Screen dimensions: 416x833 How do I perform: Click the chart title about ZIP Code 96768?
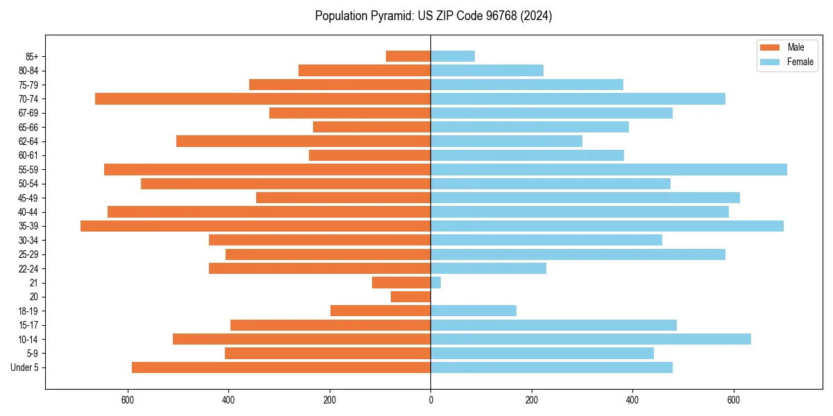point(433,16)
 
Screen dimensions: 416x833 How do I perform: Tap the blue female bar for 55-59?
point(609,169)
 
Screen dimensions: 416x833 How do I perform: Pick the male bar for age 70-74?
point(263,98)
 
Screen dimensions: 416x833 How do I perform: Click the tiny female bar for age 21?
point(436,282)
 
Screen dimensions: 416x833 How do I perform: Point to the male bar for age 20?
point(411,297)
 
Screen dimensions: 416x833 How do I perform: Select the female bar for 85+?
point(453,56)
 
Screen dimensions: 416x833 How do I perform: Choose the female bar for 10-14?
point(591,339)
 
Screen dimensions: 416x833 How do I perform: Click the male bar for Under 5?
point(281,367)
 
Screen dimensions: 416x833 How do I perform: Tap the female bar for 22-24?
point(489,268)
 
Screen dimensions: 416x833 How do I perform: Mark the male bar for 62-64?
point(303,141)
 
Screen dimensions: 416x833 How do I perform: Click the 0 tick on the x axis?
point(430,400)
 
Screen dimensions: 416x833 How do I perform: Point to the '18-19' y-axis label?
point(28,311)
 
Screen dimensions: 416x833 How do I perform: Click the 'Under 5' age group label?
point(24,367)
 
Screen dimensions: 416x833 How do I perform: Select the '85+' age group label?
point(32,56)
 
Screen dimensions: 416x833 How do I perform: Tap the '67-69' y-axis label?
point(28,113)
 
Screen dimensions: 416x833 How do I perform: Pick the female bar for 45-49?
point(585,198)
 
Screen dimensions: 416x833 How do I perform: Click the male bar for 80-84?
point(364,70)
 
